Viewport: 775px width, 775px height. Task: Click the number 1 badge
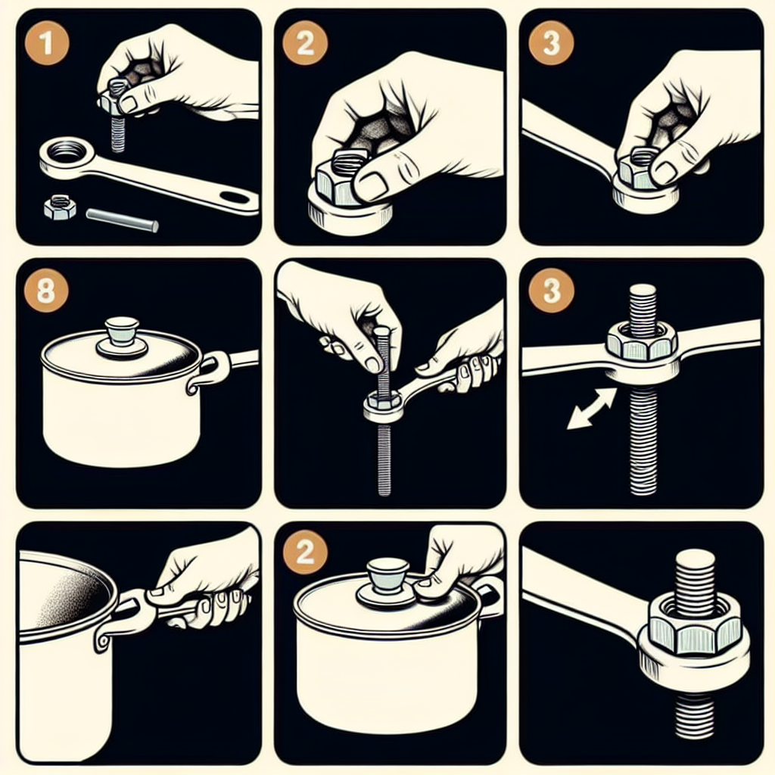[x=47, y=43]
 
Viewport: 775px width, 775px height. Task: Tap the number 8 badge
[x=46, y=290]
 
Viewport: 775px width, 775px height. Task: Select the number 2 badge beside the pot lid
[x=305, y=551]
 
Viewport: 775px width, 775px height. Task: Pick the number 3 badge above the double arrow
[x=551, y=290]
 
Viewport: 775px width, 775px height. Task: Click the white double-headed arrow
[x=591, y=408]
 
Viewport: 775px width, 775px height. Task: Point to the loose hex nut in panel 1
[x=60, y=207]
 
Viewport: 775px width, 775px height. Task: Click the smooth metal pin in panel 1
[x=122, y=220]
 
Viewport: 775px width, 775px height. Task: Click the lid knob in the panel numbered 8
[x=122, y=337]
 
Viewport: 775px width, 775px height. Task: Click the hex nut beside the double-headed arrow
[x=642, y=341]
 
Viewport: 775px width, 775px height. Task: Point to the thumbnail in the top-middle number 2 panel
[x=372, y=185]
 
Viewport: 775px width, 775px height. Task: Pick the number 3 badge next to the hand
[x=551, y=43]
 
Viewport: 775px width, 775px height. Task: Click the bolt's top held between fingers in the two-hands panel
[x=382, y=333]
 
